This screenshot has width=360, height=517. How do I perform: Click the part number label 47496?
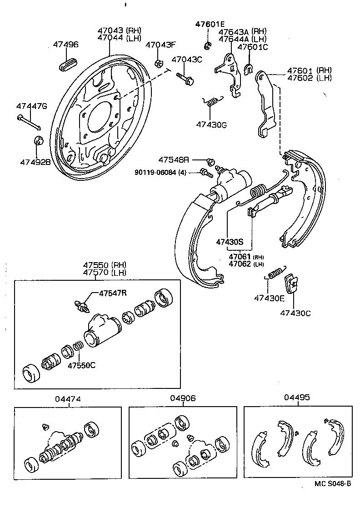point(65,45)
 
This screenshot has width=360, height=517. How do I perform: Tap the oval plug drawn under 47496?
point(66,65)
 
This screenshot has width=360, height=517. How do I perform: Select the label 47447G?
point(31,106)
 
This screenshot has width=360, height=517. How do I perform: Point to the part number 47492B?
point(35,161)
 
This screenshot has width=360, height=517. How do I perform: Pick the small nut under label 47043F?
point(159,63)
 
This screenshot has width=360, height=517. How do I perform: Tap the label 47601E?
point(210,24)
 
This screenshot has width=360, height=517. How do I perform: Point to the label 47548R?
point(173,160)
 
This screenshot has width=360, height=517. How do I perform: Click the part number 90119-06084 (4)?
point(160,172)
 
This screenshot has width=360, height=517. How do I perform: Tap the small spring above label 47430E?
point(275,274)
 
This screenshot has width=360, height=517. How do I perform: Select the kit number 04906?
point(183,398)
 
